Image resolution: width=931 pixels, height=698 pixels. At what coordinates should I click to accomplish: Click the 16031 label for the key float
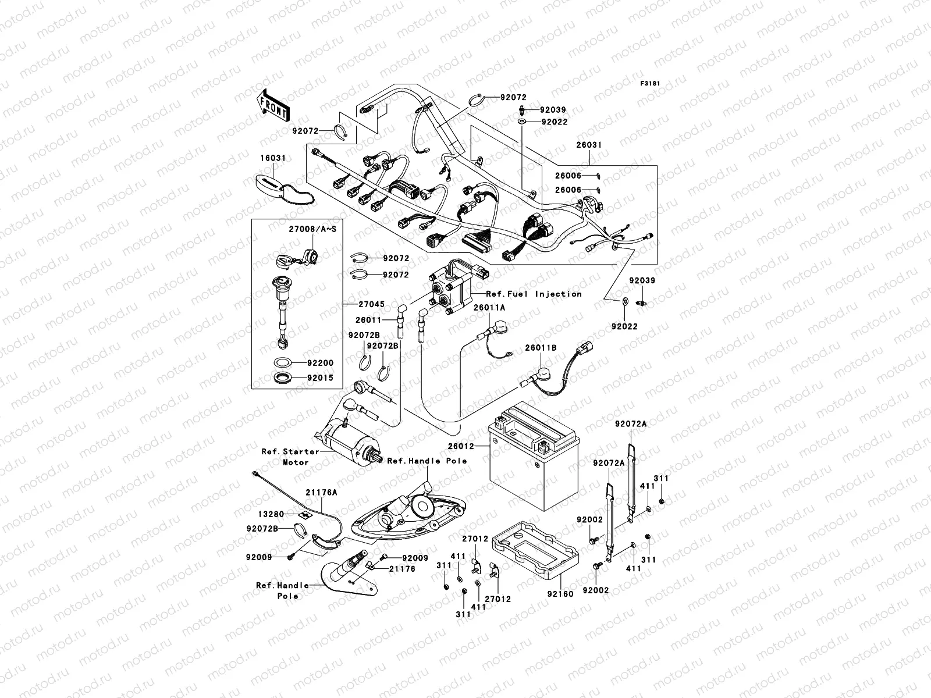tap(273, 158)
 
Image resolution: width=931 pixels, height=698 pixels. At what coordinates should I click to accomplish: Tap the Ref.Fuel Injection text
tap(534, 294)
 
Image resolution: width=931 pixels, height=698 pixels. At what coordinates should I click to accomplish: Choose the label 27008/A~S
tap(312, 229)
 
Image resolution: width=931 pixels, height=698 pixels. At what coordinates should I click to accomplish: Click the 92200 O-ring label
tap(321, 363)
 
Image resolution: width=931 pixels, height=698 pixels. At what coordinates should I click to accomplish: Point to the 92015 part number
tap(321, 378)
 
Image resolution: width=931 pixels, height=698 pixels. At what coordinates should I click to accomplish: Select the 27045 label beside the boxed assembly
tap(371, 304)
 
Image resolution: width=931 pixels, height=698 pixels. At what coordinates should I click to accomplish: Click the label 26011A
tap(489, 308)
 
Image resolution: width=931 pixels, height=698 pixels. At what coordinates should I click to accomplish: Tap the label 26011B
tap(541, 348)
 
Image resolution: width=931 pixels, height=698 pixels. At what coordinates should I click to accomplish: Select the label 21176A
tap(321, 493)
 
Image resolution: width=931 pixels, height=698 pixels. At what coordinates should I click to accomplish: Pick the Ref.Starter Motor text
tap(290, 457)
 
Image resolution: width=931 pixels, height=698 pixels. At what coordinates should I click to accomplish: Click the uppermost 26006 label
tap(567, 175)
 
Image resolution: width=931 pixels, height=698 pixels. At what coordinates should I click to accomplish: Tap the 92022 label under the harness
tap(624, 327)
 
